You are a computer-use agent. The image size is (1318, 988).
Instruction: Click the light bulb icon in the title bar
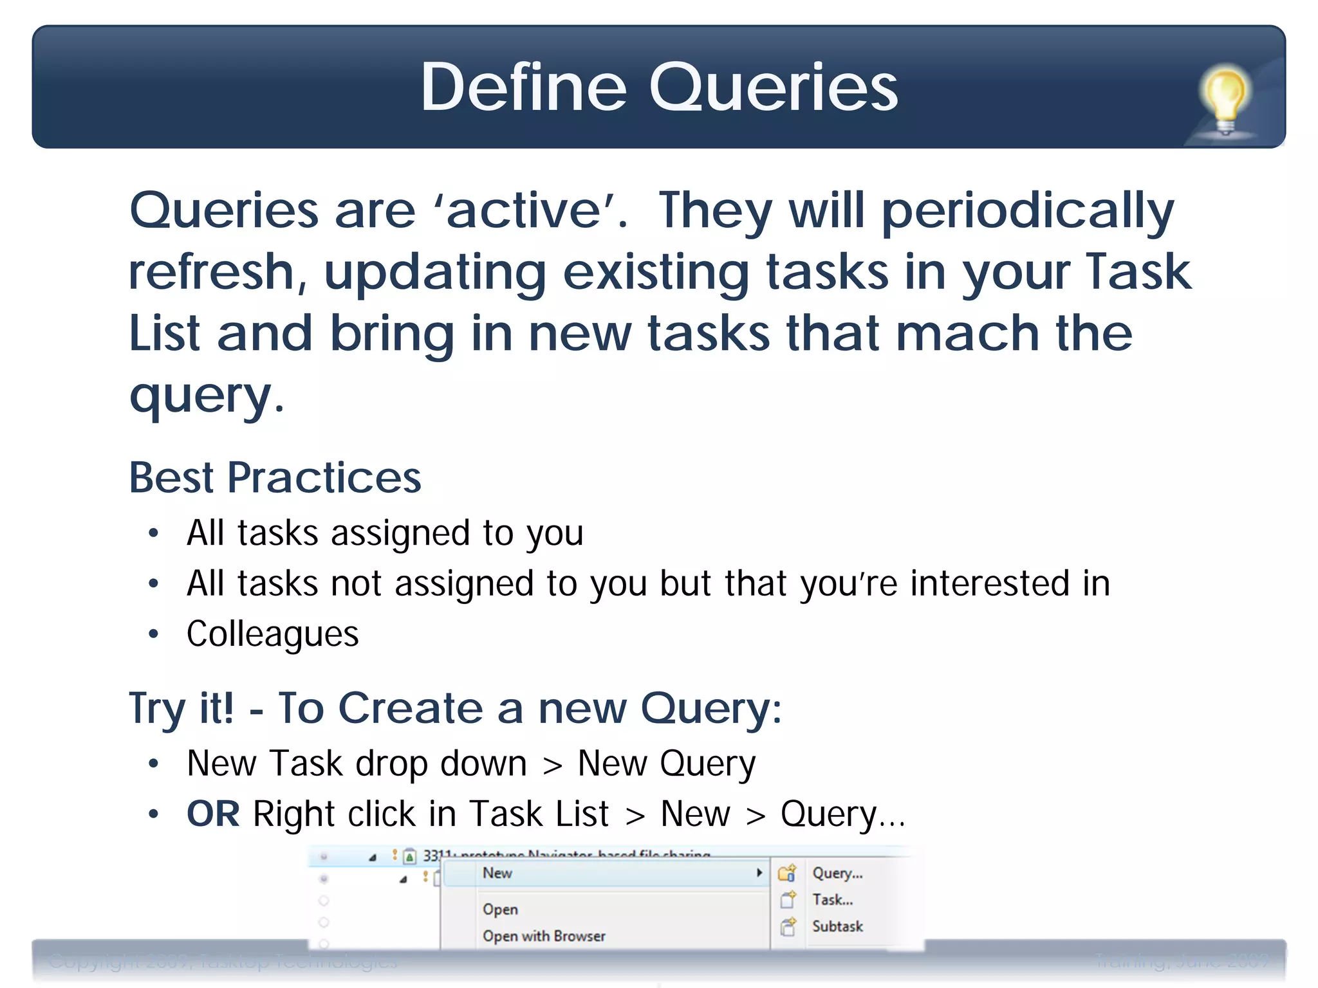(x=1225, y=100)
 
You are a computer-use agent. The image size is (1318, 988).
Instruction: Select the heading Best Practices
(x=275, y=478)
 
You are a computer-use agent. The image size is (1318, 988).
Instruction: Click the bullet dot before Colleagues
(x=153, y=634)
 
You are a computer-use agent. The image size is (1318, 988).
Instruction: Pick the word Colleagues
(x=272, y=634)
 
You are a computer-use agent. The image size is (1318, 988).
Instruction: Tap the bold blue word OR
(x=213, y=814)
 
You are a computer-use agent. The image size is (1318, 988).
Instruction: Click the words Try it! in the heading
(x=181, y=708)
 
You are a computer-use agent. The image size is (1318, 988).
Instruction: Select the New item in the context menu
(x=497, y=873)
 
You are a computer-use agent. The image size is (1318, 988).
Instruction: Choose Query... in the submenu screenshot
(x=837, y=873)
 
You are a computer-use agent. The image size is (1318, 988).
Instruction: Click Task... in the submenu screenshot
(x=832, y=899)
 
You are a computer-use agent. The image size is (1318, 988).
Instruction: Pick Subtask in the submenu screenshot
(x=837, y=926)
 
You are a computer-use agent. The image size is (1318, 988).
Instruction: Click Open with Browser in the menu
(x=544, y=936)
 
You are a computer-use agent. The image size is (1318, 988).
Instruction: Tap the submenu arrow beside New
(x=759, y=873)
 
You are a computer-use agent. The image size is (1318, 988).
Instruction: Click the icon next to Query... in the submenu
(x=787, y=873)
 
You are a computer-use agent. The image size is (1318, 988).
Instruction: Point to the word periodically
(x=1027, y=211)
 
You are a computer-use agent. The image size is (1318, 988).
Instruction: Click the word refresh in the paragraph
(x=212, y=272)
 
